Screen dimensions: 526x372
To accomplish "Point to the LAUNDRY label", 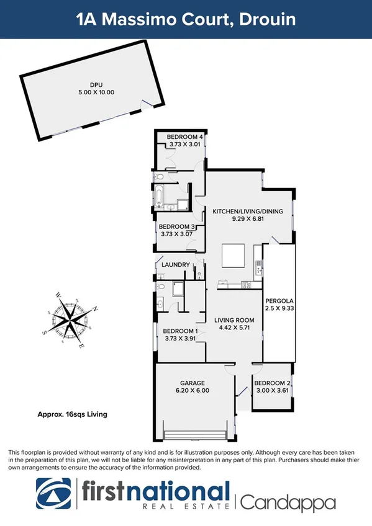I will pyautogui.click(x=176, y=265).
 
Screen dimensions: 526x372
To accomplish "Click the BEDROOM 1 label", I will pyautogui.click(x=179, y=331).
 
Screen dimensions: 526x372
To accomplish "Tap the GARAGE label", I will pyautogui.click(x=192, y=383).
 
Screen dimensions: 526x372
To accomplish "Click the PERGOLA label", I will pyautogui.click(x=278, y=300).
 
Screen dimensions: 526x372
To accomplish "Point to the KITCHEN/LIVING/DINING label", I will pyautogui.click(x=248, y=212).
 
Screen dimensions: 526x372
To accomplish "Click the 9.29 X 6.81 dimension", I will pyautogui.click(x=248, y=219).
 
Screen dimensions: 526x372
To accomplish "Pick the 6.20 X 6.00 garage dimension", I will pyautogui.click(x=192, y=391).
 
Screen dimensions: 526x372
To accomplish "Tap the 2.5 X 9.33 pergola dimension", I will pyautogui.click(x=278, y=308).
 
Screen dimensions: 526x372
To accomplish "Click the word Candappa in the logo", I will pyautogui.click(x=288, y=501).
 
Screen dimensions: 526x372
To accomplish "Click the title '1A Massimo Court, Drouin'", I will pyautogui.click(x=186, y=20).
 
